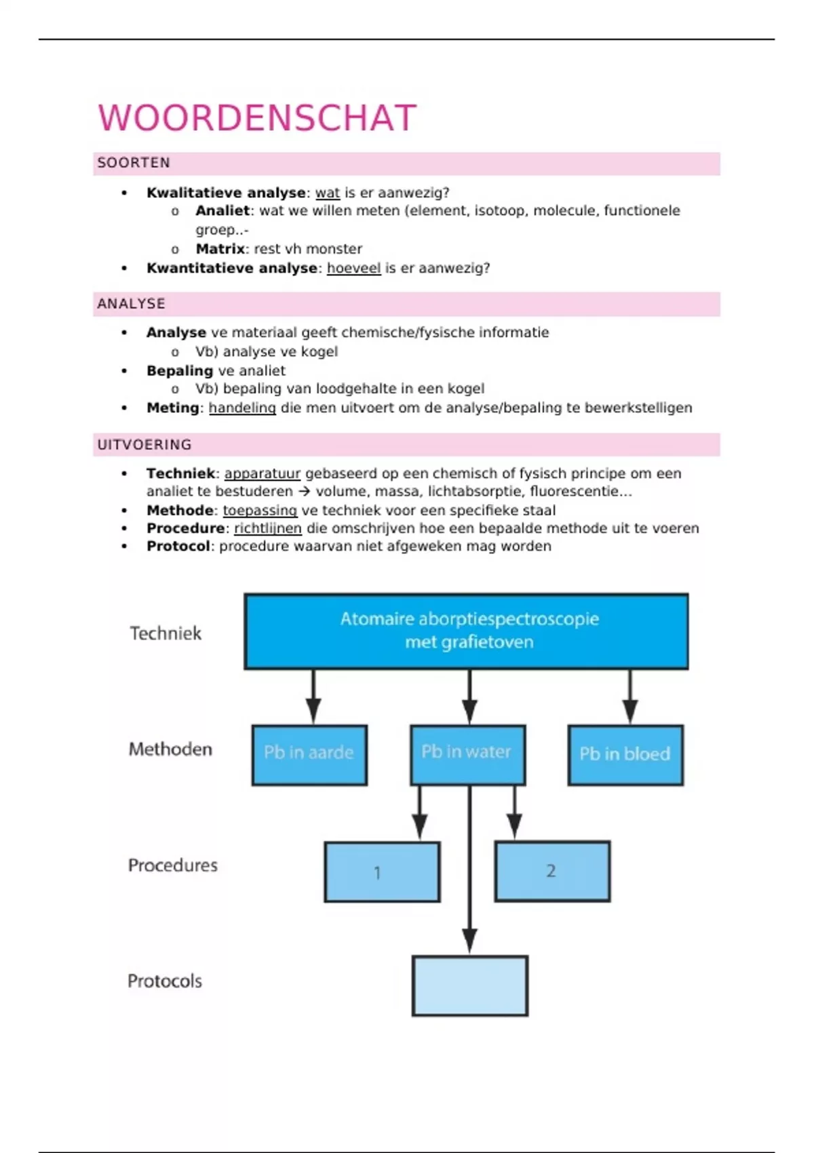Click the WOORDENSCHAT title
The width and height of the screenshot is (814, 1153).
[x=257, y=118]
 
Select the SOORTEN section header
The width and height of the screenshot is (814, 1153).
[x=134, y=163]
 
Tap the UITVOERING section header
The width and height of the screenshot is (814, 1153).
[x=144, y=445]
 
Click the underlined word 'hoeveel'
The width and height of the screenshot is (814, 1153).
[x=353, y=268]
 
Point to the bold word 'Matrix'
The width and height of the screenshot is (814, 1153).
[x=220, y=249]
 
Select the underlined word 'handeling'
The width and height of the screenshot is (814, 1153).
[x=242, y=408]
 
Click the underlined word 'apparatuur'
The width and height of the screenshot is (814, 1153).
[x=262, y=473]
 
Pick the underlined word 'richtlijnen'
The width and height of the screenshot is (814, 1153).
[x=268, y=528]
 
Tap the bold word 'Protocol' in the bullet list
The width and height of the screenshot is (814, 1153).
[x=178, y=546]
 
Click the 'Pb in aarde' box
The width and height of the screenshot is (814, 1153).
[x=309, y=754]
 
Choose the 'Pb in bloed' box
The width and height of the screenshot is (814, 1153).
[x=625, y=754]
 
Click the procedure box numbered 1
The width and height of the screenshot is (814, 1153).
[x=382, y=872]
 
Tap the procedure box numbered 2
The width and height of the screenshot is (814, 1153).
[x=552, y=871]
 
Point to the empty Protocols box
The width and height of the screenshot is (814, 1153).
[x=469, y=985]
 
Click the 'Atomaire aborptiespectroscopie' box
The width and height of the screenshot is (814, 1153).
[x=467, y=631]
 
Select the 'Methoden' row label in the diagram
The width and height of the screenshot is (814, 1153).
[x=170, y=749]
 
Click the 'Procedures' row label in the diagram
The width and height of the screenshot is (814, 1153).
[x=173, y=865]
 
